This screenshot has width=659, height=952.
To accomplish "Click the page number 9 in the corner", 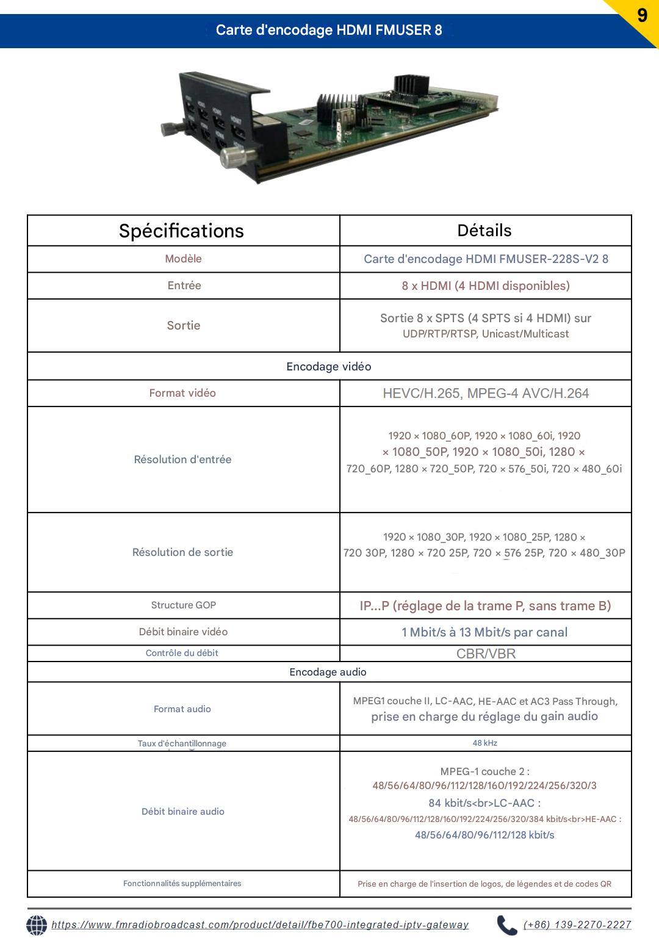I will coord(642,15).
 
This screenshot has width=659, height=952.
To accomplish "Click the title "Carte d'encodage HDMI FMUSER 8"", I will coord(329,30).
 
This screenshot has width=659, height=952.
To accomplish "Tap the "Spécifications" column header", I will coord(181,231).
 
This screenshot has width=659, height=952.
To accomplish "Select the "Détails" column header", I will coord(484,231).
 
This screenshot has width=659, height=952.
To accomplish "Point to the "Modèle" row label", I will coord(183,259).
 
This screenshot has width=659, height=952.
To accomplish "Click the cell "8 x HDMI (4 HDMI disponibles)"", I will coord(485,286).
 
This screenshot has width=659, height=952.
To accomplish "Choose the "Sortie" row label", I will coord(184,325).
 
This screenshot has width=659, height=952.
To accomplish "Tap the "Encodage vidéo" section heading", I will coord(329,367).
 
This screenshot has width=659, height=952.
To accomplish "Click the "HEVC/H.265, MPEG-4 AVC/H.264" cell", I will coord(486,394).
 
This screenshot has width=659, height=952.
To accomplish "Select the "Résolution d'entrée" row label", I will coord(182,460).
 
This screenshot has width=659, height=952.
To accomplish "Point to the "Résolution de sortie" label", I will coord(182,552).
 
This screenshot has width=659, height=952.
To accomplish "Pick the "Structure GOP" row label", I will coord(184,605).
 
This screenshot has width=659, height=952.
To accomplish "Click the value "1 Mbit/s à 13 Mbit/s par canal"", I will coord(484,632).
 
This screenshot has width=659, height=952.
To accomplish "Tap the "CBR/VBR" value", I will coord(486,654).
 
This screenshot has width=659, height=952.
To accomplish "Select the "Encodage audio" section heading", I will coord(328,672).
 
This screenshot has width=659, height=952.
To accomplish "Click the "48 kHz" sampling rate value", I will coord(484,743).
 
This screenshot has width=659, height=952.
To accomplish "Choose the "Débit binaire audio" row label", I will coord(183,812).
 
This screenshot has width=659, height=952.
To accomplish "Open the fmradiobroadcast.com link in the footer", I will coord(260,925).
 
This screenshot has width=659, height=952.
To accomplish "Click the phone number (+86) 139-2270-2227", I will coord(577,925).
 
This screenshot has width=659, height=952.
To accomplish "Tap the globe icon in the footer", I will coord(37,925).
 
